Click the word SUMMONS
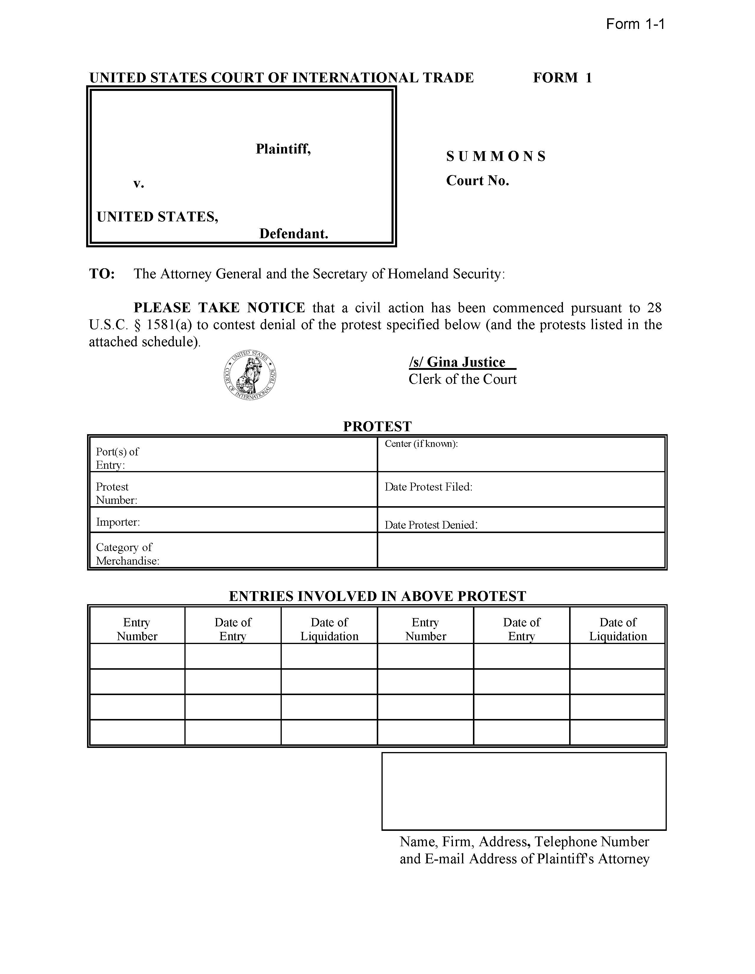point(496,156)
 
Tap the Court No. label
point(477,181)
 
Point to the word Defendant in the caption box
point(294,234)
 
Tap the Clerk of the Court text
point(462,379)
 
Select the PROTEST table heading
point(377,426)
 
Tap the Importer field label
point(118,522)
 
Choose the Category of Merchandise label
point(127,554)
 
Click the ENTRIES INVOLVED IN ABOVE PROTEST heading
point(377,596)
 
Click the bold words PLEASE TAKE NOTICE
point(219,308)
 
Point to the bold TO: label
point(102,274)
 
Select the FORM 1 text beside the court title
point(562,78)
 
